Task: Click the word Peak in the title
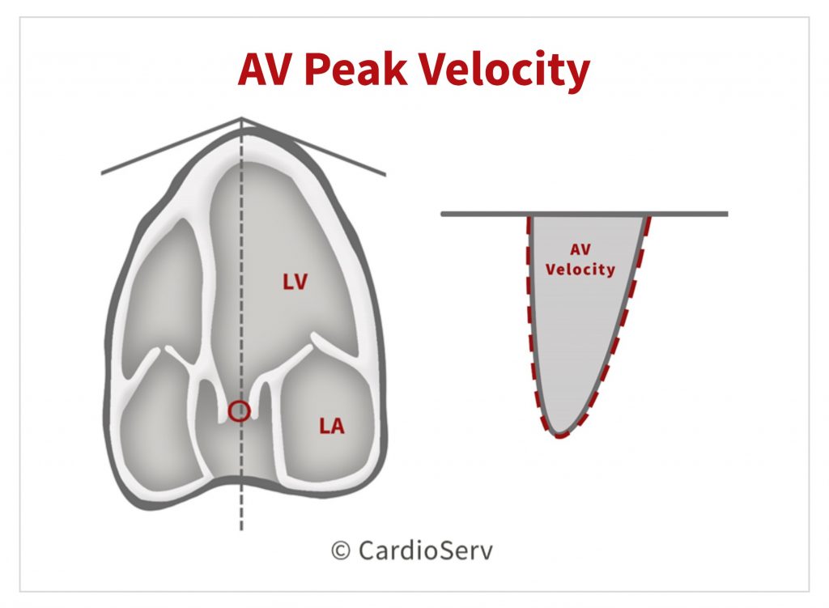pos(355,70)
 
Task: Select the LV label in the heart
pos(295,282)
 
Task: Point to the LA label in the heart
pos(331,426)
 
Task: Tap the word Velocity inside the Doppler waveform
pos(580,269)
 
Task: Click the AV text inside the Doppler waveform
pos(580,249)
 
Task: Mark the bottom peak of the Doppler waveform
pos(559,436)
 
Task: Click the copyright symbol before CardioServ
pos(341,551)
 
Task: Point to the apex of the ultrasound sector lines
pos(241,118)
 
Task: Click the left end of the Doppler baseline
pos(442,214)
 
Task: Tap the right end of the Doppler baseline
pos(727,214)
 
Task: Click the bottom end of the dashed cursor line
pos(241,529)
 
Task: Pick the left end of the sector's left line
pos(102,173)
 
